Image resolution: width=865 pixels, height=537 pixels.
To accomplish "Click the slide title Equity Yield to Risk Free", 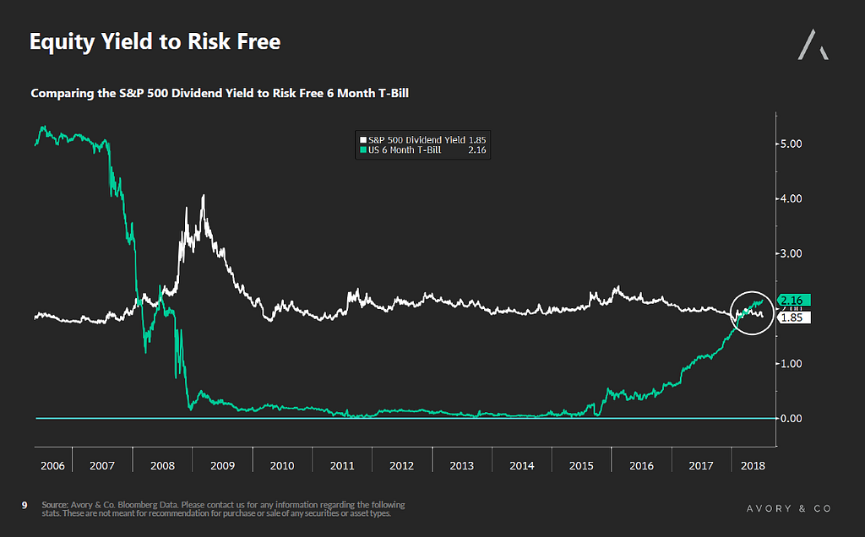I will pyautogui.click(x=155, y=41).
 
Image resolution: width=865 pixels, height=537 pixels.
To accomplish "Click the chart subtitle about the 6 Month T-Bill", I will pyautogui.click(x=220, y=93).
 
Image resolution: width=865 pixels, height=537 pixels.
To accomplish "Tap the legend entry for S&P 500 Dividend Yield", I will pyautogui.click(x=422, y=139).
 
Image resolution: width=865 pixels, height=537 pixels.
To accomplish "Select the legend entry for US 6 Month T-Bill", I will pyautogui.click(x=422, y=150).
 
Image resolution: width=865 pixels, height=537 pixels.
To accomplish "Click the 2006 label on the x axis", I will pyautogui.click(x=52, y=465).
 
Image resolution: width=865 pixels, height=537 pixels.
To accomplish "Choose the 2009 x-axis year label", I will pyautogui.click(x=222, y=465).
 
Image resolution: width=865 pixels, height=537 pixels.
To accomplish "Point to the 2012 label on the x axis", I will pyautogui.click(x=401, y=465).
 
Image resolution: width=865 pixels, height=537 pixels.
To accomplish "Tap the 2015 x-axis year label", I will pyautogui.click(x=581, y=465).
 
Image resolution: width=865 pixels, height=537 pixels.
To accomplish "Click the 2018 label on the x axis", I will pyautogui.click(x=752, y=465).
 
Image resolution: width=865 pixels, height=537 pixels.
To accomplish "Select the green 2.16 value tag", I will pyautogui.click(x=792, y=300).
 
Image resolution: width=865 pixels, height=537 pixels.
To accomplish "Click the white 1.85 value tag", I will pyautogui.click(x=792, y=318).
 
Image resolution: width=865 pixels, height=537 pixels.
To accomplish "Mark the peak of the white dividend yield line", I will pyautogui.click(x=203, y=196).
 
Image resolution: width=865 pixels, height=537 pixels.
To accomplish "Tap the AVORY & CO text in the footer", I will pyautogui.click(x=788, y=508).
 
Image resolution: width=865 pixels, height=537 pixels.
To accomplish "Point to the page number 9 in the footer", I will pyautogui.click(x=24, y=505).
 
